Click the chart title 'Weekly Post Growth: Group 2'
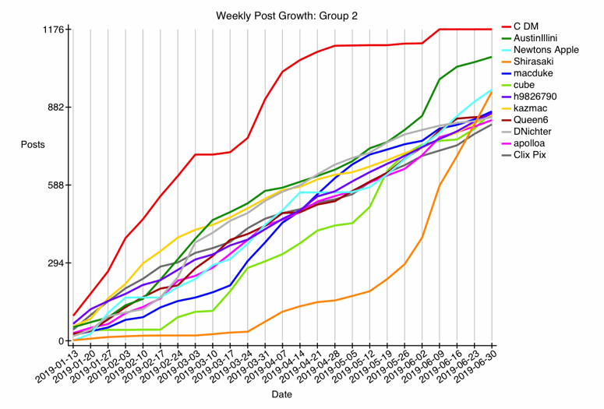[x=282, y=15]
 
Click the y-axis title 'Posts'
[x=33, y=145]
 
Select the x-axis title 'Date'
[x=282, y=395]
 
